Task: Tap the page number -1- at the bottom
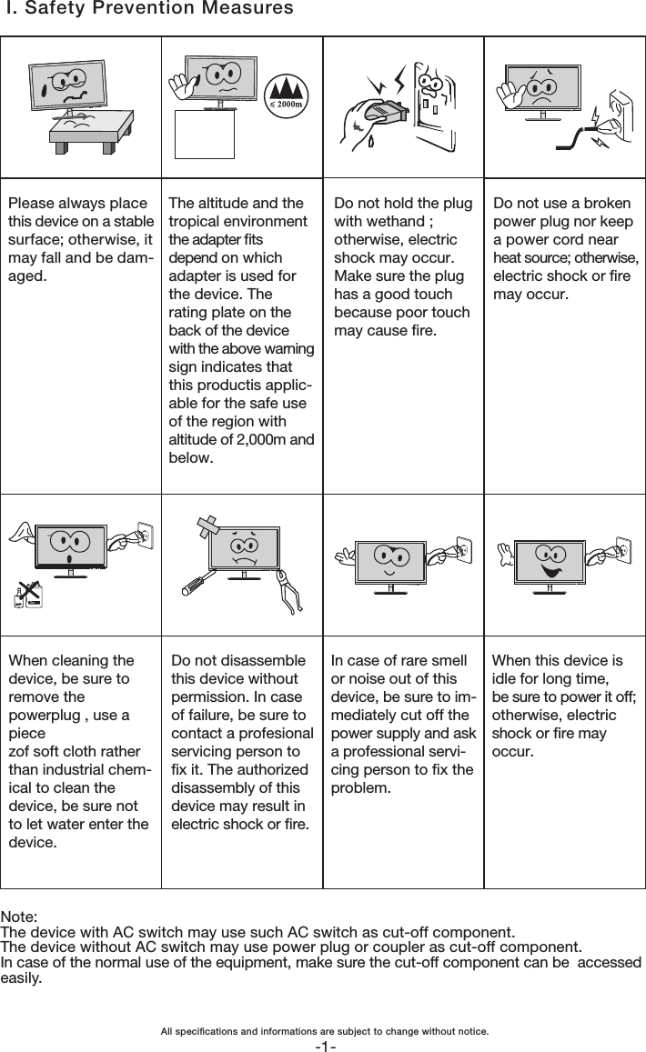point(324,1046)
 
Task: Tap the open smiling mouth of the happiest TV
point(550,572)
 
